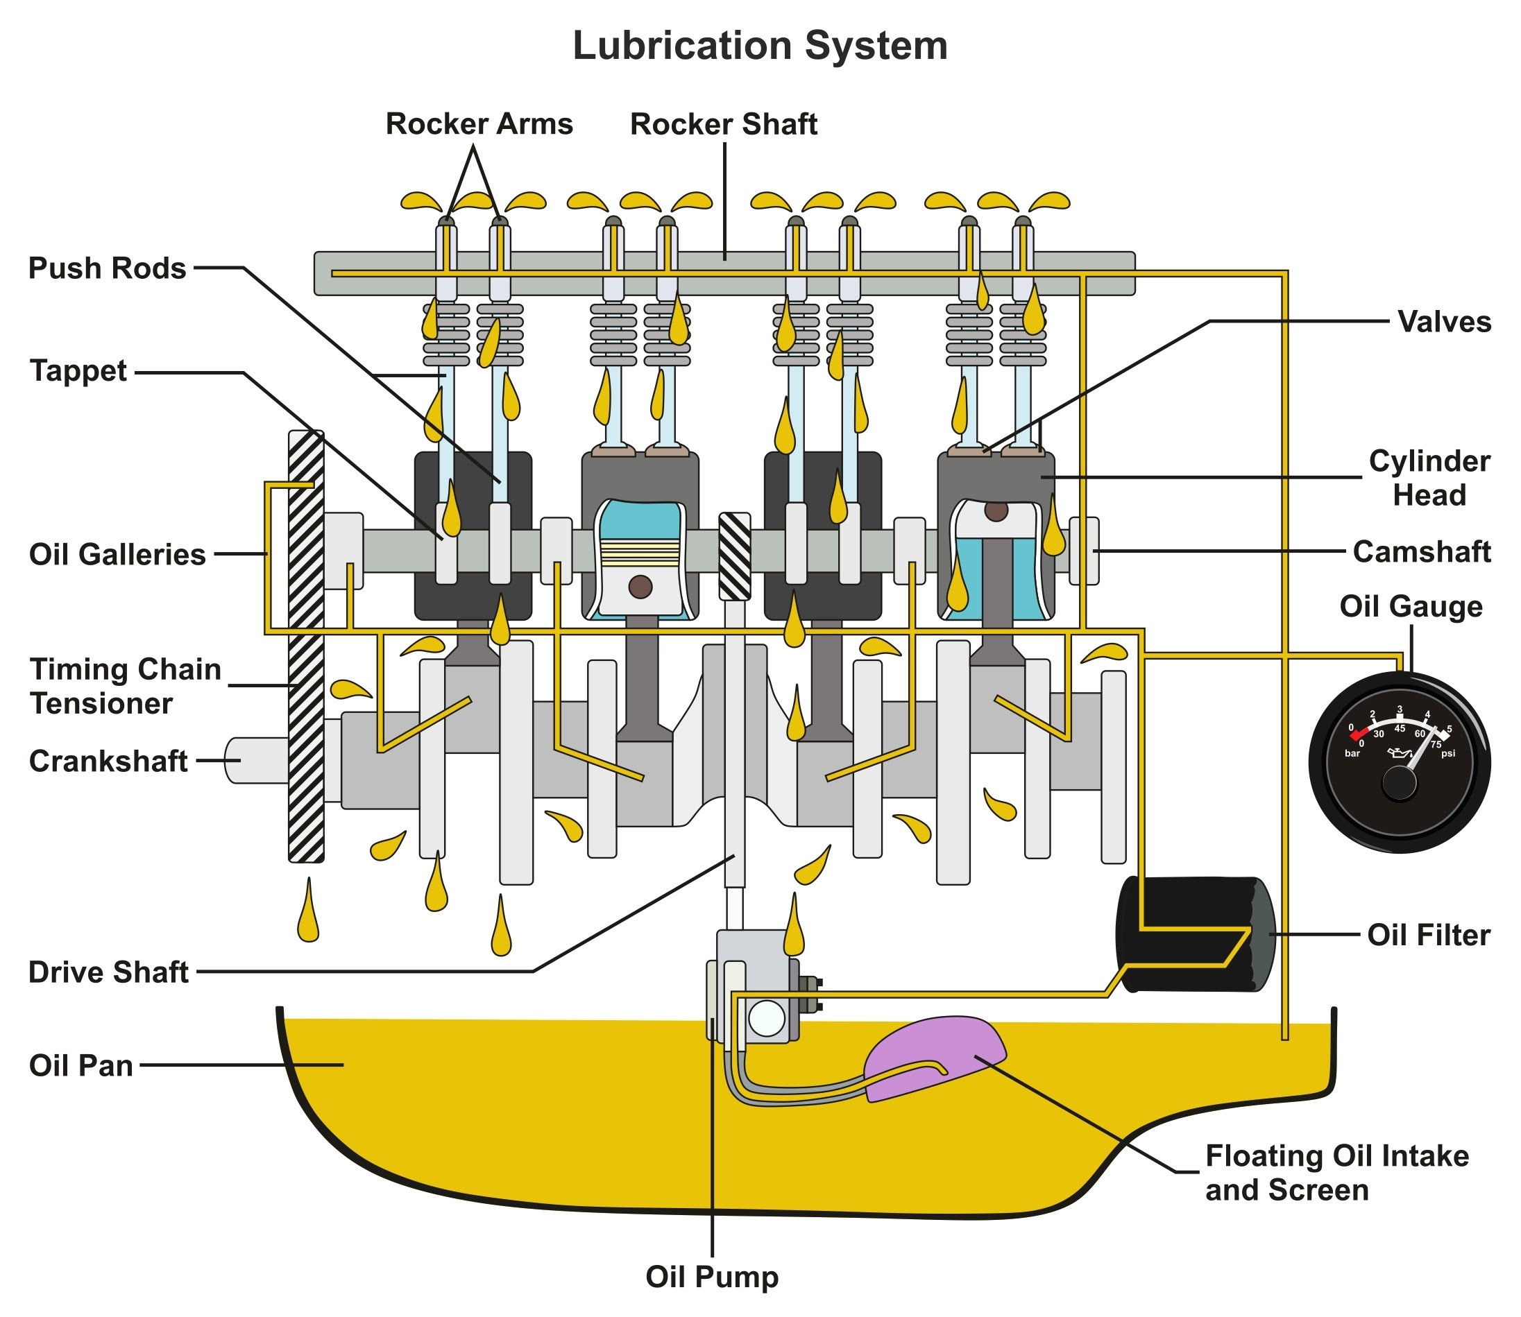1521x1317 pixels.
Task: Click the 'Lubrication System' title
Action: (759, 46)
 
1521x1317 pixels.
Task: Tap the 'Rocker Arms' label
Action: (479, 123)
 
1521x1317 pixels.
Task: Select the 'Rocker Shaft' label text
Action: (723, 124)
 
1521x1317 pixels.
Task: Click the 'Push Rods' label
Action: (108, 268)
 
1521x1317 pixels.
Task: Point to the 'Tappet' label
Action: (78, 370)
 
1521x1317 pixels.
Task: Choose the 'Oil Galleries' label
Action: (117, 554)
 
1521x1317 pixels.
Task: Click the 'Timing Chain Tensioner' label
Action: (125, 687)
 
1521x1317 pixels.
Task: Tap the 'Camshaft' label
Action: (1421, 552)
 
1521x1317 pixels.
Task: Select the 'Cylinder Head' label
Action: (1429, 478)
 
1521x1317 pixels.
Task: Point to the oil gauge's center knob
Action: (1398, 784)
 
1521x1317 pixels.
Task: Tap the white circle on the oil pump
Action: (766, 1019)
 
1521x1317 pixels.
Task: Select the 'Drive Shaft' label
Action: (109, 972)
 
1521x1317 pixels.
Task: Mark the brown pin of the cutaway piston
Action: (640, 587)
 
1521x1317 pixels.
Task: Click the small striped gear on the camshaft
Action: (733, 556)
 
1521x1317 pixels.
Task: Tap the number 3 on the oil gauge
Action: (1399, 709)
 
